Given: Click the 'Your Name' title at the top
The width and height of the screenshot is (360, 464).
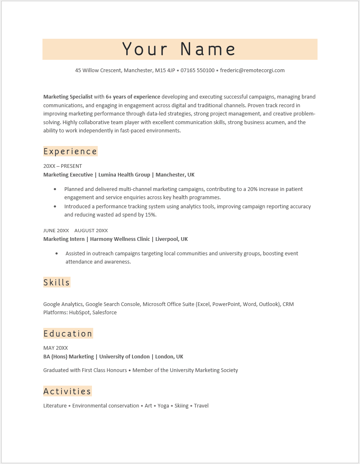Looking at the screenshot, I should pyautogui.click(x=179, y=49).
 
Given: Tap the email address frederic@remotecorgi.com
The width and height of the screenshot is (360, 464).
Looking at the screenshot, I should pyautogui.click(x=252, y=70).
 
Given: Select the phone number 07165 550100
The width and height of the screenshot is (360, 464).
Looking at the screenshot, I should pyautogui.click(x=198, y=70).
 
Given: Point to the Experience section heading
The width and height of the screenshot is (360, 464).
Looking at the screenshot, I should pyautogui.click(x=70, y=151).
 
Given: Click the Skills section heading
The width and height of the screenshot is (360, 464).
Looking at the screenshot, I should pyautogui.click(x=57, y=283).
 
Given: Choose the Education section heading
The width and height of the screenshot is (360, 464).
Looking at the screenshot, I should pyautogui.click(x=68, y=334).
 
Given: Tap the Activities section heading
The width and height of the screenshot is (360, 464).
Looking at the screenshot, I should pyautogui.click(x=67, y=391).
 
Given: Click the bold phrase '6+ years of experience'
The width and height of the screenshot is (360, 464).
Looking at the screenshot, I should pyautogui.click(x=133, y=97).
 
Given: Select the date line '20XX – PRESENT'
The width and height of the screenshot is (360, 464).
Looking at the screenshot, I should pyautogui.click(x=63, y=166).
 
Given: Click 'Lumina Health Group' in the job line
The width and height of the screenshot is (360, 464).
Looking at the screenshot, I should pyautogui.click(x=124, y=175).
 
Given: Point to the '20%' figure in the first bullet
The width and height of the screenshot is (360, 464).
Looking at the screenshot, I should pyautogui.click(x=253, y=189).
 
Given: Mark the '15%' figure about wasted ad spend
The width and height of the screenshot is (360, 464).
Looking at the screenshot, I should pyautogui.click(x=151, y=215).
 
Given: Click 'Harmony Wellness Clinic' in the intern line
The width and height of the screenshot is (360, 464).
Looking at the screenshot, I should pyautogui.click(x=120, y=239).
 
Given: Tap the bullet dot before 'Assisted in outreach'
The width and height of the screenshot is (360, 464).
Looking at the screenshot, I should pyautogui.click(x=56, y=254).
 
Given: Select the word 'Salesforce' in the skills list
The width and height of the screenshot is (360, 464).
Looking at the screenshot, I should pyautogui.click(x=104, y=313).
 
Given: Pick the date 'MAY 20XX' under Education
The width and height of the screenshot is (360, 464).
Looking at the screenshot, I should pyautogui.click(x=56, y=348).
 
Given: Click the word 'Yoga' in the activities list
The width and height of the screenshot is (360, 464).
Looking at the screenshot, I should pyautogui.click(x=163, y=406).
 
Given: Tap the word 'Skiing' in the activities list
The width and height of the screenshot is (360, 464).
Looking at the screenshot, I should pyautogui.click(x=181, y=406).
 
